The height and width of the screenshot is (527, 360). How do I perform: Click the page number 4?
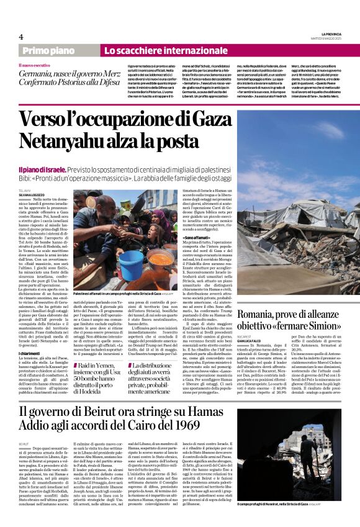tap(20, 37)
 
